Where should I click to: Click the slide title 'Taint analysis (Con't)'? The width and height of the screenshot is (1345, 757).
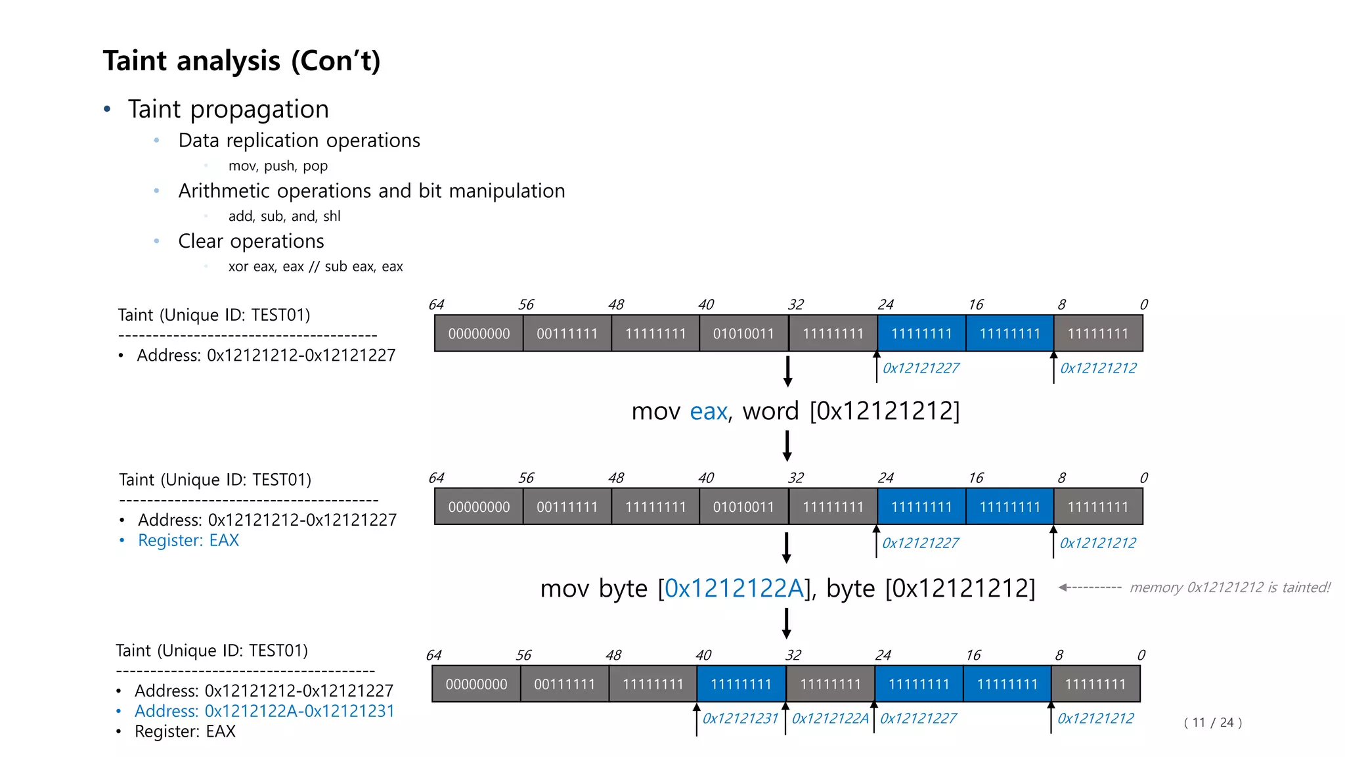coord(241,61)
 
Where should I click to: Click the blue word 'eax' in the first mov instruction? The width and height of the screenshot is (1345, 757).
coord(708,411)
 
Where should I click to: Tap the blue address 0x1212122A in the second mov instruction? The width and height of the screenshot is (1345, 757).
coord(734,588)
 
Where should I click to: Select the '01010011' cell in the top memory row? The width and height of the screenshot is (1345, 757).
coord(743,334)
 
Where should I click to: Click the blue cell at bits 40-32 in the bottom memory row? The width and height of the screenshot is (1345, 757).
coord(741,684)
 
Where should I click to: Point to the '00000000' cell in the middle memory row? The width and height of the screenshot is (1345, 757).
coord(479,507)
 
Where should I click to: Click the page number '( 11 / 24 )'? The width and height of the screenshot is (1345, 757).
coord(1212,723)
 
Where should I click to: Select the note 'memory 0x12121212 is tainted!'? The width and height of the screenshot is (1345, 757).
coord(1229,587)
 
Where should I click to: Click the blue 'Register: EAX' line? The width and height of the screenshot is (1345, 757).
coord(188,540)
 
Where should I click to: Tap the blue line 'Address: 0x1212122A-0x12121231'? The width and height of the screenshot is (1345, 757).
coord(264,711)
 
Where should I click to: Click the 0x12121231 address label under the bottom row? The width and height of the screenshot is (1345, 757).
coord(740,718)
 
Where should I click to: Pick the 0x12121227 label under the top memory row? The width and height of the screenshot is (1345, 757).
coord(921,368)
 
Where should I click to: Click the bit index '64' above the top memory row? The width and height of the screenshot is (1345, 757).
coord(436,305)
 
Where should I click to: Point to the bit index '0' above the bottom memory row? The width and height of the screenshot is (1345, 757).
coord(1141,655)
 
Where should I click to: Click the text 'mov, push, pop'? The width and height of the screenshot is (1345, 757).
coord(278,166)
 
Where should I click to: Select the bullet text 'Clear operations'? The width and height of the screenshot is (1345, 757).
coord(251,241)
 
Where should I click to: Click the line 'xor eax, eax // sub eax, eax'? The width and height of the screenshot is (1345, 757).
coord(315,267)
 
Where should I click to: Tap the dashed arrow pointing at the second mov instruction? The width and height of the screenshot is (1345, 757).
coord(1090,587)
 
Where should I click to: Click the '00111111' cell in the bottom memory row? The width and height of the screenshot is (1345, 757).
coord(564,684)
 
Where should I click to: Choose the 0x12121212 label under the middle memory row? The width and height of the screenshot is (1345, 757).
coord(1097,543)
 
